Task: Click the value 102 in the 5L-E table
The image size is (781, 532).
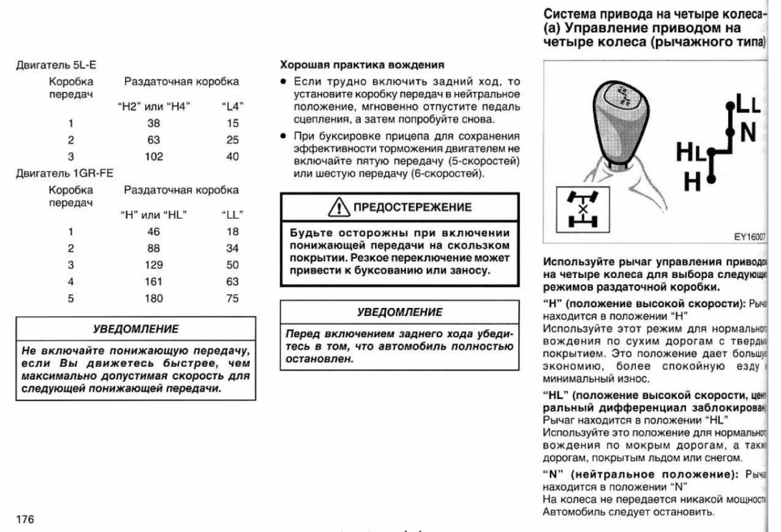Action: point(155,156)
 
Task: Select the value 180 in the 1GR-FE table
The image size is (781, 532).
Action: point(155,299)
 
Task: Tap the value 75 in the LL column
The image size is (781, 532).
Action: point(232,299)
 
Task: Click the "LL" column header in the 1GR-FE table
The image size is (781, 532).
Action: point(232,214)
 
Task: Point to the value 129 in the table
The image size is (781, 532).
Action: point(155,264)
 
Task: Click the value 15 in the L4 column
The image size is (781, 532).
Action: point(232,122)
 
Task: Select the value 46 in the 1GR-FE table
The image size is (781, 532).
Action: point(155,231)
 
